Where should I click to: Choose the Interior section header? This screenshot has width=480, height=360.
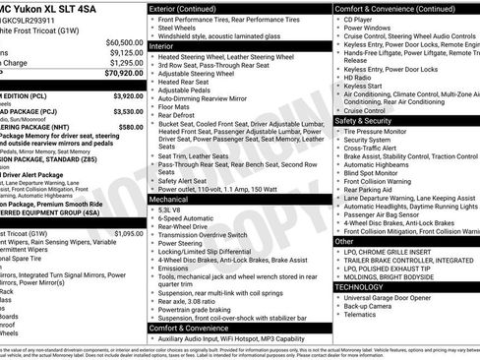click(162, 46)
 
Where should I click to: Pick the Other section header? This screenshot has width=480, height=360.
click(344, 241)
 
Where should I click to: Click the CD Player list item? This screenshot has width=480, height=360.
click(362, 19)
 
